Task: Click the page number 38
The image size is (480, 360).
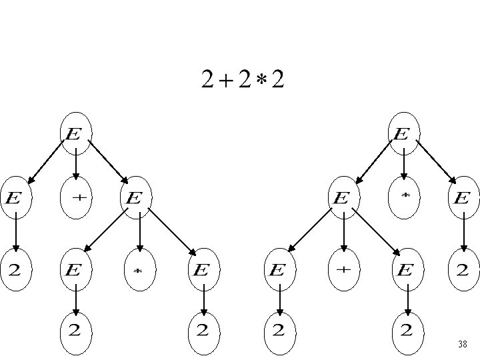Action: (x=462, y=345)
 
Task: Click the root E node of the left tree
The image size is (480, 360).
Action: (x=75, y=133)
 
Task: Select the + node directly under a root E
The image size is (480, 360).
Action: (x=75, y=198)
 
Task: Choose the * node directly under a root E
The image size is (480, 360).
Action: (x=405, y=198)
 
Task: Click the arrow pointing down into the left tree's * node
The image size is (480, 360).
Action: (x=139, y=233)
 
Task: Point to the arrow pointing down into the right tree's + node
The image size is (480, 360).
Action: (x=344, y=233)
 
